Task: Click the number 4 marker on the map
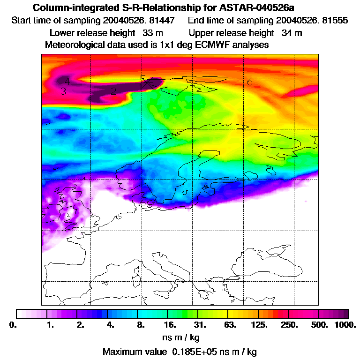[67, 81]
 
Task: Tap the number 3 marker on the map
[63, 91]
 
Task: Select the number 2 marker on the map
[113, 91]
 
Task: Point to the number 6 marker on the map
[250, 82]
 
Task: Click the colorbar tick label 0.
[17, 324]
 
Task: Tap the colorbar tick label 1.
[51, 324]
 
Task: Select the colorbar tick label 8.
[140, 324]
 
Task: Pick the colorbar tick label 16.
[170, 324]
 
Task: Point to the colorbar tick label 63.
[230, 324]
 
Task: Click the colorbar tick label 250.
[290, 324]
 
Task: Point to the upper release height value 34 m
[292, 33]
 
